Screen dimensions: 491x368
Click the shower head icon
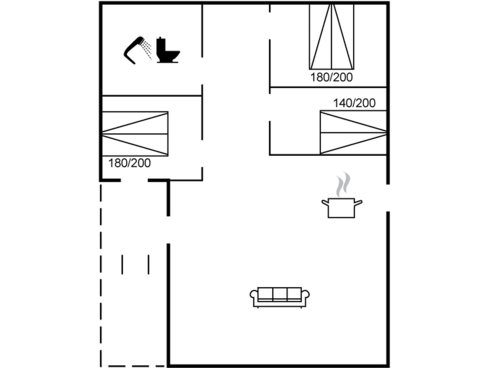138,50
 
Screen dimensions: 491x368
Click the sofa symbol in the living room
280,297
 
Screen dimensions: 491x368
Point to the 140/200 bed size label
354,103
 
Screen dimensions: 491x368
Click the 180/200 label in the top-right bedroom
331,77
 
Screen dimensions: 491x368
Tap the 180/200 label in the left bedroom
129,163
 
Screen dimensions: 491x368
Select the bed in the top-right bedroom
332,37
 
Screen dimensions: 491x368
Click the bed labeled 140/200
353,133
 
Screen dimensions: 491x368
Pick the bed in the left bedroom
135,134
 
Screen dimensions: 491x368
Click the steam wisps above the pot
343,184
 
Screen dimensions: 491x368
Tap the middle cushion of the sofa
280,294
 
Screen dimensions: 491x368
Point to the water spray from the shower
147,50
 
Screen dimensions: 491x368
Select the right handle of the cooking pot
359,203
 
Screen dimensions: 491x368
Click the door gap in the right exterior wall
388,198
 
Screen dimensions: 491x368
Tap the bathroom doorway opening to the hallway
202,71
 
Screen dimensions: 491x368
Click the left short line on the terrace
122,264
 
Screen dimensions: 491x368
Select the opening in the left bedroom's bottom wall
134,180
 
